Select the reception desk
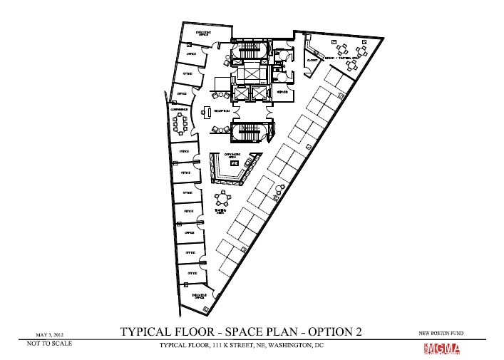206,112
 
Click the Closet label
311,61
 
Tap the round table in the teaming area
226,198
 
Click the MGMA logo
442,349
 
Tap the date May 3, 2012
50,333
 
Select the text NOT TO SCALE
49,344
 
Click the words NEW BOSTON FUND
442,333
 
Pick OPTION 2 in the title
331,331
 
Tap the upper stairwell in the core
250,51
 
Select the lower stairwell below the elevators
250,131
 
